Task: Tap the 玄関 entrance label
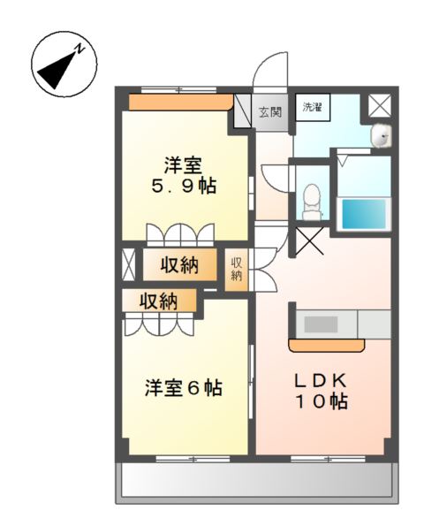[269, 112]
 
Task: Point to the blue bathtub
[363, 212]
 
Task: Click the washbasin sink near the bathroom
[381, 135]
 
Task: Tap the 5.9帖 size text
[183, 187]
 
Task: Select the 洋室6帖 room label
[183, 387]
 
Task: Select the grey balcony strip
[254, 481]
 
